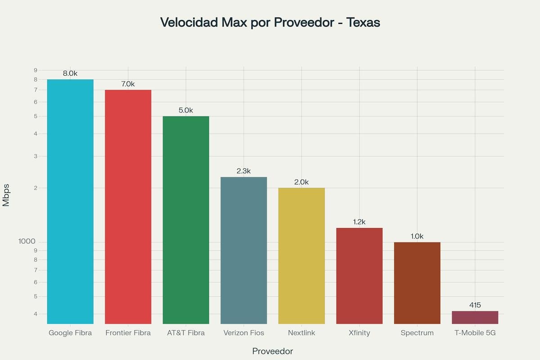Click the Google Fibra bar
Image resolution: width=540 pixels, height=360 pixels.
coord(70,202)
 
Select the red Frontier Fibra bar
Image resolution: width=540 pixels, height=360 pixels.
coord(128,207)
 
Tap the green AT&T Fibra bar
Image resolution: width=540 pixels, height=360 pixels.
coord(186,220)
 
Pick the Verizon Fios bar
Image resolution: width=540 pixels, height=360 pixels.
coord(243,250)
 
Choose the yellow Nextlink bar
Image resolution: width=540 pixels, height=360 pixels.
coord(301,256)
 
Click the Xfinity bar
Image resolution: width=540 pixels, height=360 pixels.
coord(359,276)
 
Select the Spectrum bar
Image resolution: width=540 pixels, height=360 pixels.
coord(417,283)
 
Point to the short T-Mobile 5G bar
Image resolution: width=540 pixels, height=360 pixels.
coord(475,317)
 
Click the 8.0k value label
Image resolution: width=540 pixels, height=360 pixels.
coord(70,73)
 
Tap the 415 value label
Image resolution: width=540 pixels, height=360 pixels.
coord(475,305)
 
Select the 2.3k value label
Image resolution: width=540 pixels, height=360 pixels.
coord(243,171)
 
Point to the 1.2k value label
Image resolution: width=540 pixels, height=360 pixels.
coord(359,222)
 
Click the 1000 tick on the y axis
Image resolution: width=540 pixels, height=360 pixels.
coord(27,242)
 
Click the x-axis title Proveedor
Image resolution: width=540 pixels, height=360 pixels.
coord(273,351)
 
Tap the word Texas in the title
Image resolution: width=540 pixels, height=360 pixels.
coord(364,22)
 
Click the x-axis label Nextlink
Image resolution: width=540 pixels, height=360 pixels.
coord(301,333)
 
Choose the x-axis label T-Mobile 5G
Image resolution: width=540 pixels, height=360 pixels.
coord(475,333)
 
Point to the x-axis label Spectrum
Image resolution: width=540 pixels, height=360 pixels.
coord(417,333)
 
